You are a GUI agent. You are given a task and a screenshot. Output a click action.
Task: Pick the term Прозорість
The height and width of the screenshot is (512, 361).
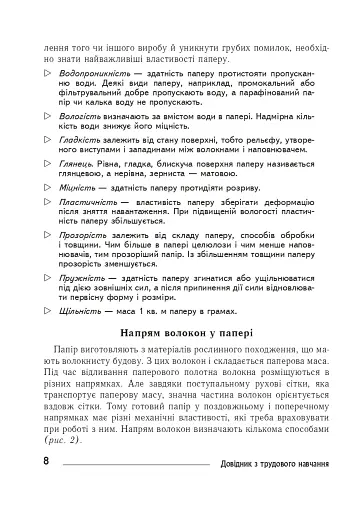83,233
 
